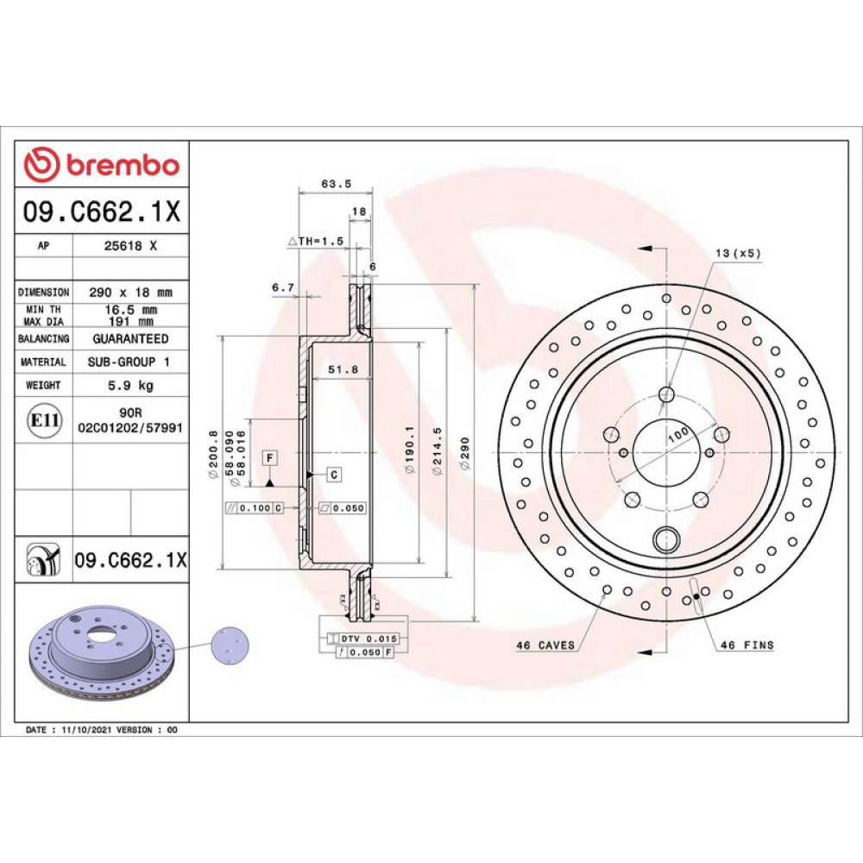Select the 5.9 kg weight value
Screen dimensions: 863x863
tap(131, 385)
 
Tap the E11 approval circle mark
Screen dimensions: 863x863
tap(45, 420)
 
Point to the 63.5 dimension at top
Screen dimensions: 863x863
tap(337, 184)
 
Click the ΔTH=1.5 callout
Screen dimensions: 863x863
tap(316, 241)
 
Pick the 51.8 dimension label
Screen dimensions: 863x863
tap(343, 370)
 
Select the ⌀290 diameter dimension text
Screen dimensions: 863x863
tap(466, 453)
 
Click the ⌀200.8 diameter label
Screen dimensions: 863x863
tap(213, 455)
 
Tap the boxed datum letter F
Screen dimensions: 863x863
tap(269, 458)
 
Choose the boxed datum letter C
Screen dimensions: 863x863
tap(334, 475)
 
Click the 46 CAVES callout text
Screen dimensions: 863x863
tap(545, 645)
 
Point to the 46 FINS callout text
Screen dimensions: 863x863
tap(747, 645)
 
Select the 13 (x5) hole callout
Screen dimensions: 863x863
tap(738, 253)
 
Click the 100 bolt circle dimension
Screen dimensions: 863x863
tap(678, 434)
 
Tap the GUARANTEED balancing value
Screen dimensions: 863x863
tap(131, 338)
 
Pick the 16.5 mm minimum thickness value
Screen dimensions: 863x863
tap(131, 310)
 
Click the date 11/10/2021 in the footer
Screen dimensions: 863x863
tap(86, 730)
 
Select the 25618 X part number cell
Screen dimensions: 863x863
tap(131, 246)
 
